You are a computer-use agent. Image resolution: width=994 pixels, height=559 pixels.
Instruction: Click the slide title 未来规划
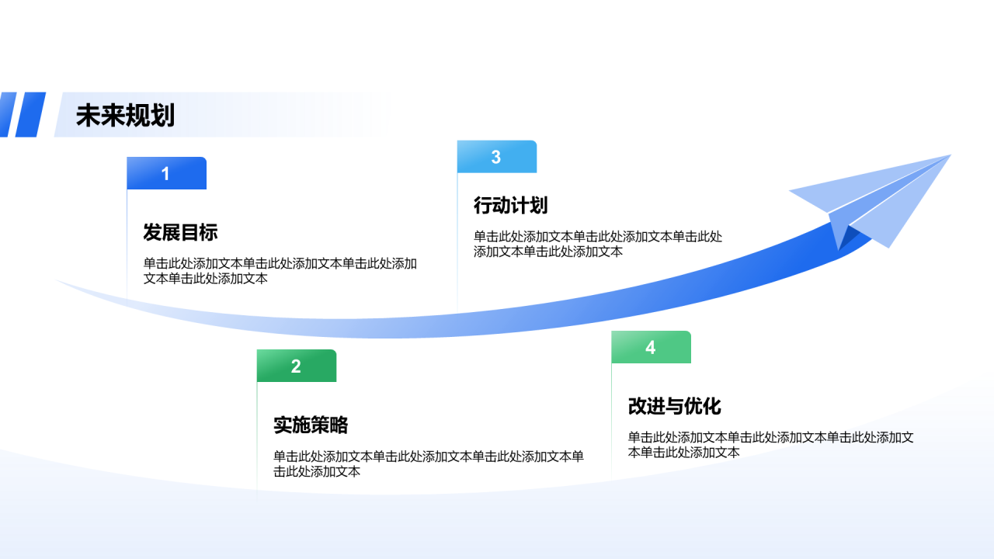(x=125, y=116)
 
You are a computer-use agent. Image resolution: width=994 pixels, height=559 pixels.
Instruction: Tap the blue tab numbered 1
(x=166, y=173)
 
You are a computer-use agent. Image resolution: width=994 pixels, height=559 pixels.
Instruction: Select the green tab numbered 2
(x=296, y=366)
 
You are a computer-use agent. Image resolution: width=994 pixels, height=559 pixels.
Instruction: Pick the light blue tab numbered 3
(x=496, y=157)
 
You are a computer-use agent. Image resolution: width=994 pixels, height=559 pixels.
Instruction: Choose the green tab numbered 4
(x=651, y=347)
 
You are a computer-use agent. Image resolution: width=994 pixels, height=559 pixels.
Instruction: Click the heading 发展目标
(x=180, y=232)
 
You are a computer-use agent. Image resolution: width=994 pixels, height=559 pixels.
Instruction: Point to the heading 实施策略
(x=311, y=425)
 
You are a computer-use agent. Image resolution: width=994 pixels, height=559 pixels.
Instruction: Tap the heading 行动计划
(x=511, y=205)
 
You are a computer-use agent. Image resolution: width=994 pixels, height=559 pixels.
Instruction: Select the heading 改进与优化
(x=675, y=406)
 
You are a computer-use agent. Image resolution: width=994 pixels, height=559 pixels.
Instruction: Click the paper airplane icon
(x=878, y=202)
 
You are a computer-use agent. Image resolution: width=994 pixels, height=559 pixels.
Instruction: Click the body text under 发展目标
(x=280, y=271)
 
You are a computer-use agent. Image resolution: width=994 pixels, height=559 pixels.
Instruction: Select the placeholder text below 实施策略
(x=428, y=464)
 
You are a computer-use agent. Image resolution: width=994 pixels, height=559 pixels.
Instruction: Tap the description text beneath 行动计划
(x=598, y=244)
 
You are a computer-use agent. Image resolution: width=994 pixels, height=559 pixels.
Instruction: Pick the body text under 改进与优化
(x=770, y=444)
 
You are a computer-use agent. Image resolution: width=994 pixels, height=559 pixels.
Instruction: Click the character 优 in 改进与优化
(x=693, y=406)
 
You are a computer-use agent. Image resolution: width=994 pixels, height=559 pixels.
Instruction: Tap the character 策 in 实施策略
(x=320, y=425)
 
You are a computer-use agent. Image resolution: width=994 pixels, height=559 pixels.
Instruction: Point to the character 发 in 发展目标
(x=153, y=232)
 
